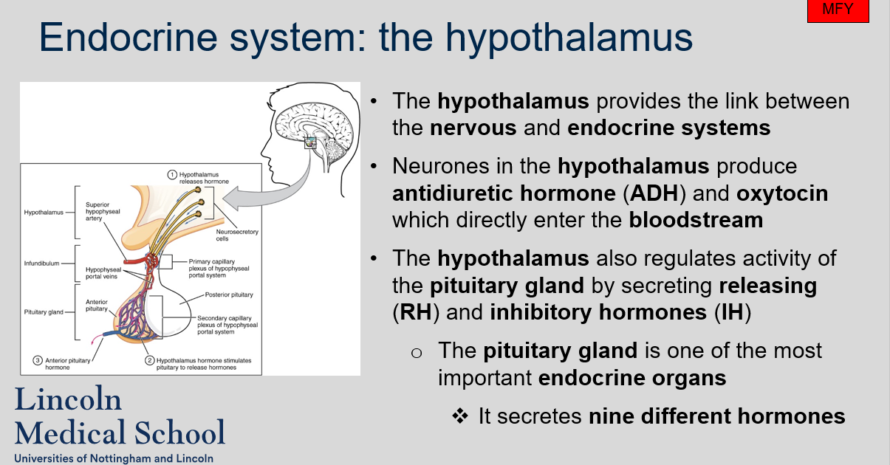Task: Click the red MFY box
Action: tap(838, 11)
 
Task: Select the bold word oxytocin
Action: tap(782, 193)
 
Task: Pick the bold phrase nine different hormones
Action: tap(716, 416)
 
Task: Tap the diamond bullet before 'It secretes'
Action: tap(460, 416)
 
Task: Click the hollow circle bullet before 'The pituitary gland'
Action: tap(417, 352)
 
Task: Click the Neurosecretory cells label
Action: tap(242, 235)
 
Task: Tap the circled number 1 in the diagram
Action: tap(171, 175)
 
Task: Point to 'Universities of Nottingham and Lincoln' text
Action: tap(114, 458)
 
